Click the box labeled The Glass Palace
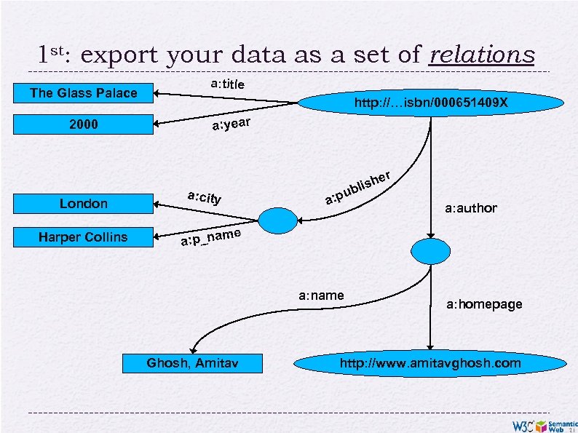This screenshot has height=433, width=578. pyautogui.click(x=83, y=93)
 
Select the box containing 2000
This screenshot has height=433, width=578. pyautogui.click(x=83, y=125)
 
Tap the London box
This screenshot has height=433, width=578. pyautogui.click(x=83, y=204)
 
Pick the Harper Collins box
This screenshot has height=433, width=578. pyautogui.click(x=83, y=237)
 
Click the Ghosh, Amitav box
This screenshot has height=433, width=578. pyautogui.click(x=191, y=362)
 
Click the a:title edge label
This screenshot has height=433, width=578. pyautogui.click(x=227, y=84)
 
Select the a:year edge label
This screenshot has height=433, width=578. pyautogui.click(x=231, y=126)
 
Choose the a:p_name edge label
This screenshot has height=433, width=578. pyautogui.click(x=211, y=237)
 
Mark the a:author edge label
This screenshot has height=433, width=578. pyautogui.click(x=470, y=209)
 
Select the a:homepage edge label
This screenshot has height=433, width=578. pyautogui.click(x=484, y=304)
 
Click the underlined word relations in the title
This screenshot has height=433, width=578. pyautogui.click(x=481, y=55)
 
